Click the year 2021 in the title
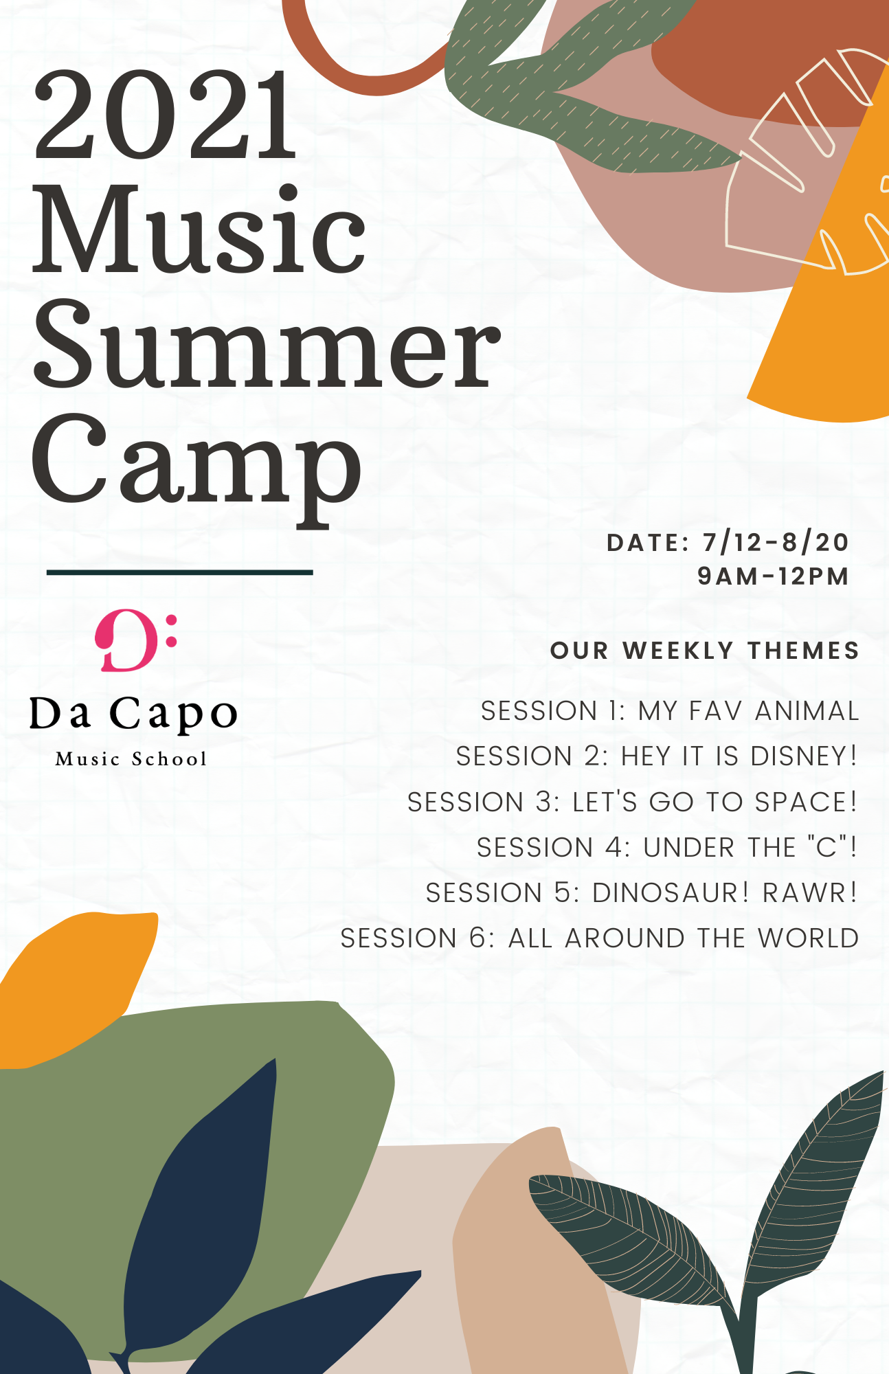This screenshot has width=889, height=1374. (165, 115)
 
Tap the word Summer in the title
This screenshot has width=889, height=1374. (267, 343)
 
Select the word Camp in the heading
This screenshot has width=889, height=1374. (196, 460)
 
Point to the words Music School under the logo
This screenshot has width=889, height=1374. (131, 759)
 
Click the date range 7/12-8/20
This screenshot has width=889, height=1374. (776, 543)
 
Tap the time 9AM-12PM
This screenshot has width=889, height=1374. (774, 576)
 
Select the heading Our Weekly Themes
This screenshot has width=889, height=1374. (705, 651)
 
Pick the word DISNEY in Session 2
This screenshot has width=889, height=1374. (799, 756)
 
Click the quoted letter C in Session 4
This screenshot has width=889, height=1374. (826, 847)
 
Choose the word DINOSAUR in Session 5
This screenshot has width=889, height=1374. (665, 892)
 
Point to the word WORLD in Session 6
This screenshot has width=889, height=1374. (808, 938)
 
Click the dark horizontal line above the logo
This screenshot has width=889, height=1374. (180, 572)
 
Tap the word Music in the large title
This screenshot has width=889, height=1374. (199, 230)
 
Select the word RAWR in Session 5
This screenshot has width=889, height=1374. (804, 892)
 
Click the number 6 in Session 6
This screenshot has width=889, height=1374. (477, 938)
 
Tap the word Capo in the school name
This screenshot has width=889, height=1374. (174, 714)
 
